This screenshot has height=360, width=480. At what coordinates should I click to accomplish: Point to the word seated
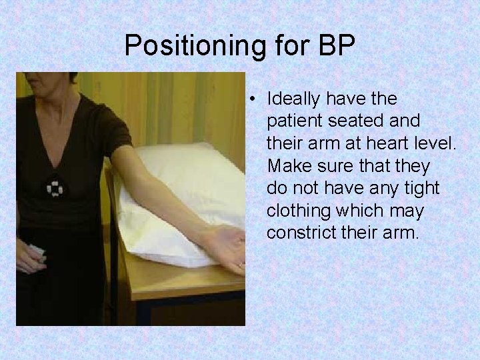(349, 121)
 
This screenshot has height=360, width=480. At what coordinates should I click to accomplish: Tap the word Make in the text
(286, 165)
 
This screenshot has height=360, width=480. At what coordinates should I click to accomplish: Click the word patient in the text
(290, 121)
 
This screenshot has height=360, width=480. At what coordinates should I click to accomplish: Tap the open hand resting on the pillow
(227, 247)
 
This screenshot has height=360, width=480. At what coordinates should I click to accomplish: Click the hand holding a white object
(30, 257)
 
